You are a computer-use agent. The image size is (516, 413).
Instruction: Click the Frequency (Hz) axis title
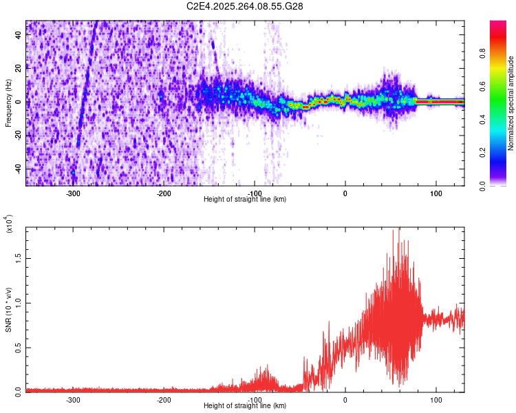pos(8,103)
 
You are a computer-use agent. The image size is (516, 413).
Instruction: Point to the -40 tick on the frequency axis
pos(18,169)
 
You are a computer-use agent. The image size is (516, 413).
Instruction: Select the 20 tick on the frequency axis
pos(18,68)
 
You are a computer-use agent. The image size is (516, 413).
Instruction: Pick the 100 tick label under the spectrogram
pos(436,193)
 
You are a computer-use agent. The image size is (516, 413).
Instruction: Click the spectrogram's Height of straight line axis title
pos(245,200)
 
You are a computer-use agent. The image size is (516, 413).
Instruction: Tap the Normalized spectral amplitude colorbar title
pos(511,103)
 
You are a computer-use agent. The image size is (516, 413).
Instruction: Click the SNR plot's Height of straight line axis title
pos(245,406)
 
